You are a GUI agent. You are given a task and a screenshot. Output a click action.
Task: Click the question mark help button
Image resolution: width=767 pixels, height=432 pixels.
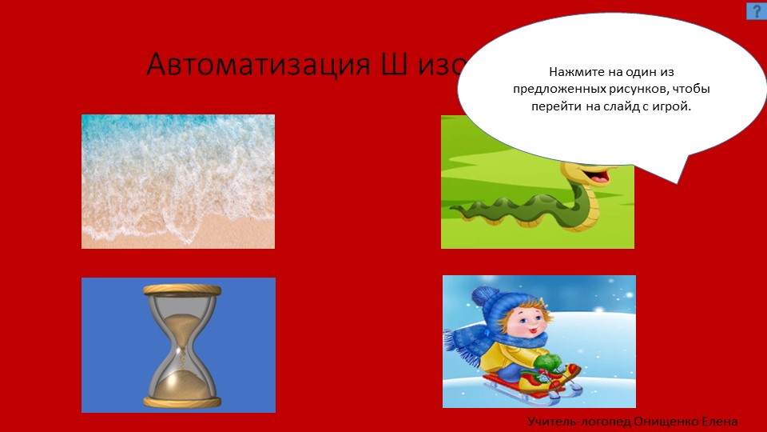point(756,10)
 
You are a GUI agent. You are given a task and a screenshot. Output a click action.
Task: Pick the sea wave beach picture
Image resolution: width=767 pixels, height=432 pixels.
point(178,182)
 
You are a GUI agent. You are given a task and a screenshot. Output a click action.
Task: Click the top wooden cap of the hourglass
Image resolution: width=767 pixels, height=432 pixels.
point(181,290)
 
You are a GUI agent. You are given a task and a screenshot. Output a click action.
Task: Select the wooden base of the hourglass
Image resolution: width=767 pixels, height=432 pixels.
point(181,401)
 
